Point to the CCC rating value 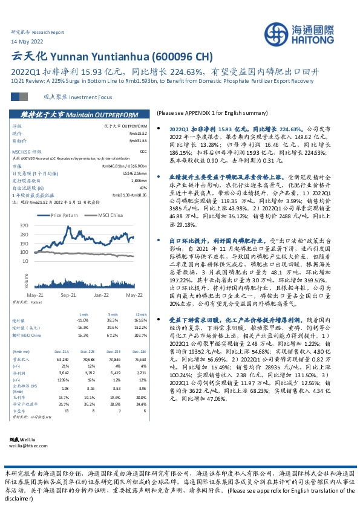143,152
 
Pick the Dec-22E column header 88,368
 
